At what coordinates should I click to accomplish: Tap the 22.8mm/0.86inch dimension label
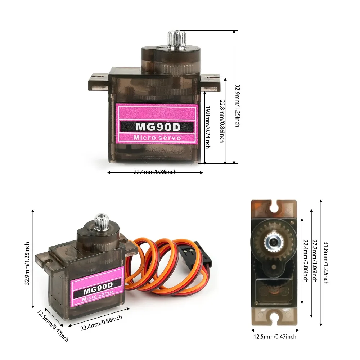tap(222, 121)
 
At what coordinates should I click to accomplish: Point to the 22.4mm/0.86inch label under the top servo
tap(155, 172)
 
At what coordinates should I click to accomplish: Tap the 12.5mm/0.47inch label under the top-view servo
tap(275, 337)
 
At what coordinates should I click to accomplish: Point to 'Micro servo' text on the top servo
tap(157, 137)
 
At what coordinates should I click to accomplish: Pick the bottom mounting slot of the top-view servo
tap(275, 319)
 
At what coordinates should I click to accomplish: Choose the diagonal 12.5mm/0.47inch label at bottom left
tap(53, 325)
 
